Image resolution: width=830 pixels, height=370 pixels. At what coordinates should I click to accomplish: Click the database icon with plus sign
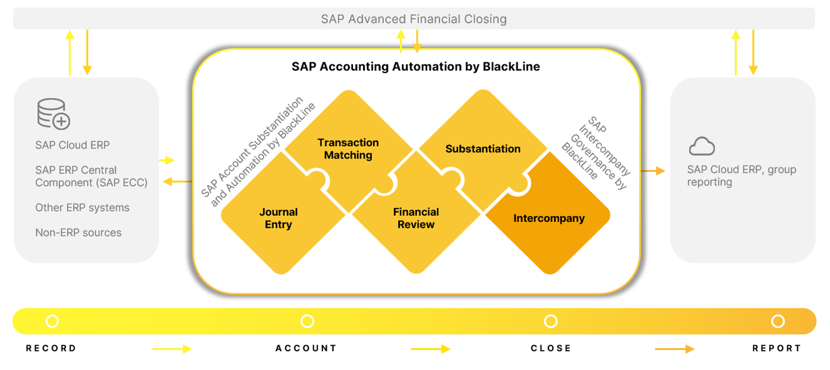tap(53, 114)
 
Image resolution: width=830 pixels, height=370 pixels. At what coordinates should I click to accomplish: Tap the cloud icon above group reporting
tap(702, 146)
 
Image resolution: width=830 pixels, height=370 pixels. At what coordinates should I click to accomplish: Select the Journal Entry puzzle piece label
tap(278, 218)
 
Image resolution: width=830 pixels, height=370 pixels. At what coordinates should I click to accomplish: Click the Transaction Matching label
tap(348, 149)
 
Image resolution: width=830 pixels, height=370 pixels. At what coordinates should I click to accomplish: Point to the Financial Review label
tap(416, 218)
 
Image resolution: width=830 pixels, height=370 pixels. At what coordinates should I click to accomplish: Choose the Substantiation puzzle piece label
tap(483, 149)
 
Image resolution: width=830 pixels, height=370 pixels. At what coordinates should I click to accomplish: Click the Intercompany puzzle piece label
tap(549, 218)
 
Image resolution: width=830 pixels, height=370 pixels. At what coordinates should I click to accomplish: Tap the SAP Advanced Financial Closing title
tap(414, 20)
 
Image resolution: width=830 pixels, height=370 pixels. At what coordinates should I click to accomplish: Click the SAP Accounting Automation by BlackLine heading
tap(416, 67)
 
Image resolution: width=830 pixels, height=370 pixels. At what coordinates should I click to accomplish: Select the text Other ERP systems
tap(82, 208)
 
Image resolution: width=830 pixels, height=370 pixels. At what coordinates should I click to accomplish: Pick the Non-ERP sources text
tap(78, 233)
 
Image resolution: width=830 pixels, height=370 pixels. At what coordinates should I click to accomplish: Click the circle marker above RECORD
tap(52, 321)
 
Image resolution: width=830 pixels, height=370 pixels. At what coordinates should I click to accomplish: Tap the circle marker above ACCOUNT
tap(306, 321)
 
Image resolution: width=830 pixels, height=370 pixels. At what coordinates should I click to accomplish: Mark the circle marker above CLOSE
tap(551, 321)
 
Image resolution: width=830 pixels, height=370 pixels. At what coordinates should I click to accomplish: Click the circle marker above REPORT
tap(777, 321)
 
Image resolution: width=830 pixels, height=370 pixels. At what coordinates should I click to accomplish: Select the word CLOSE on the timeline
tap(551, 348)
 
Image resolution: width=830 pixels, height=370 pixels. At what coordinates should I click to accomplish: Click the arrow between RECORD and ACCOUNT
tap(172, 349)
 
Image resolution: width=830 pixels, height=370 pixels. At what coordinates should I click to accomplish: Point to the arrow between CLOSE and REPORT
tap(674, 349)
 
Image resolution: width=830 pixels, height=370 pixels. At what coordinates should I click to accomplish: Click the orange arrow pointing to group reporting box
tap(653, 171)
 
